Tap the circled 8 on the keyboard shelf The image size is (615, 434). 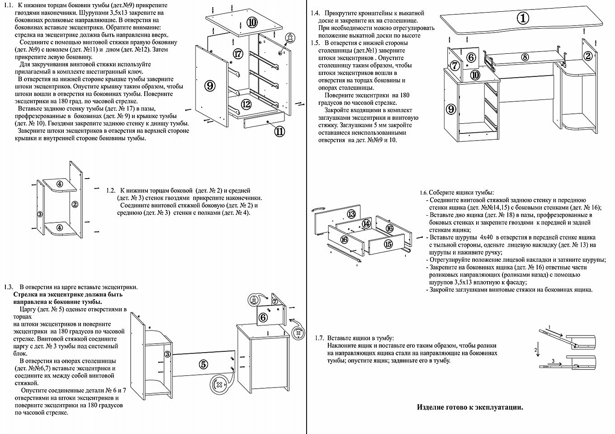[x=525, y=57]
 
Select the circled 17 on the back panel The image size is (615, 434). [x=238, y=54]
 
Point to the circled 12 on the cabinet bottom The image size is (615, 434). [x=246, y=104]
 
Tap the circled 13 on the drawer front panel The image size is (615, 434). [x=351, y=214]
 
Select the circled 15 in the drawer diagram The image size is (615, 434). [x=388, y=244]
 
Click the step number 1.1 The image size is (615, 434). [x=8, y=5]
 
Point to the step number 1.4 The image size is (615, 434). [x=315, y=13]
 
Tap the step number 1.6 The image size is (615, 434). [x=424, y=192]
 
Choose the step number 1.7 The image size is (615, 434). [x=319, y=338]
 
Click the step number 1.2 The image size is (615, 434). [x=110, y=190]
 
